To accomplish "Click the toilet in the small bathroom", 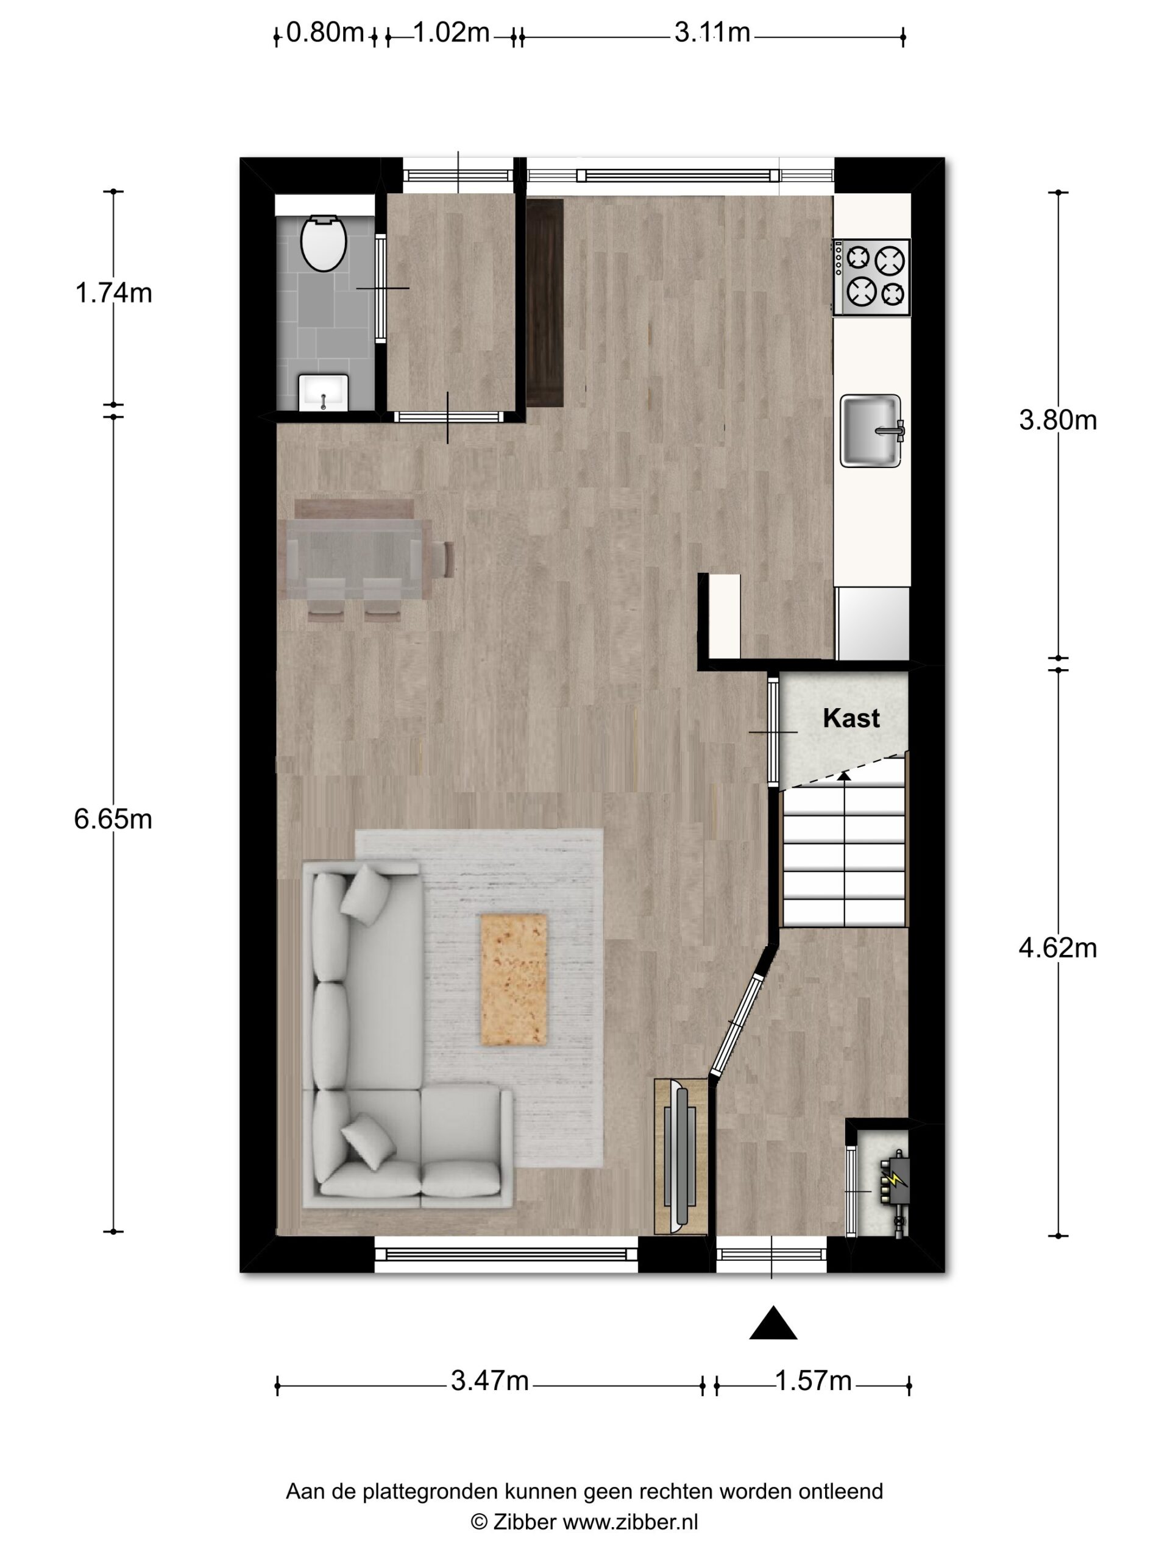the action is coord(324,243).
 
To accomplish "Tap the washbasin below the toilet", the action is coord(323,392).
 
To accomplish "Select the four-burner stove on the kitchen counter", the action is coord(871,277).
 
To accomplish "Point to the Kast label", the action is coord(851,718).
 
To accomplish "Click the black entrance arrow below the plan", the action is coord(773,1323).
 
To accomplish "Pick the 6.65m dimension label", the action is coord(113,820).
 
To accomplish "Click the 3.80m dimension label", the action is coord(1058,420).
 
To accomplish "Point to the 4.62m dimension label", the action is coord(1058,949).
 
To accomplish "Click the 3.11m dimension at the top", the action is coord(712,32).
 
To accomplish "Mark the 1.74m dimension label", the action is coord(113,292).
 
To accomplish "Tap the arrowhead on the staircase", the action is coord(844,776).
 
